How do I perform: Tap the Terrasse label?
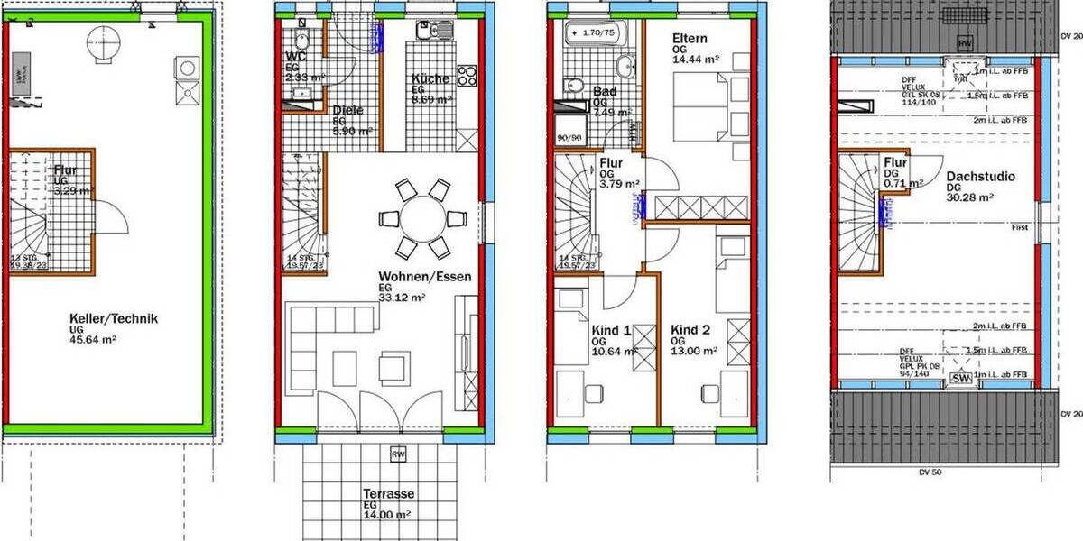click(388, 494)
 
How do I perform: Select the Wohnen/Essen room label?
click(424, 277)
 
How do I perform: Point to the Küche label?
click(430, 78)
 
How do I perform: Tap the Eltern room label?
click(690, 39)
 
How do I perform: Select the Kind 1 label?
click(612, 331)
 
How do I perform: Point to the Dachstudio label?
click(980, 177)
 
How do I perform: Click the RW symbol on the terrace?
click(398, 454)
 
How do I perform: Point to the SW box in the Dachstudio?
click(959, 381)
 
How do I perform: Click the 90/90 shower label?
click(569, 138)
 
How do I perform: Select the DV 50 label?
click(930, 471)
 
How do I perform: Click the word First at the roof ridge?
click(1020, 227)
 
